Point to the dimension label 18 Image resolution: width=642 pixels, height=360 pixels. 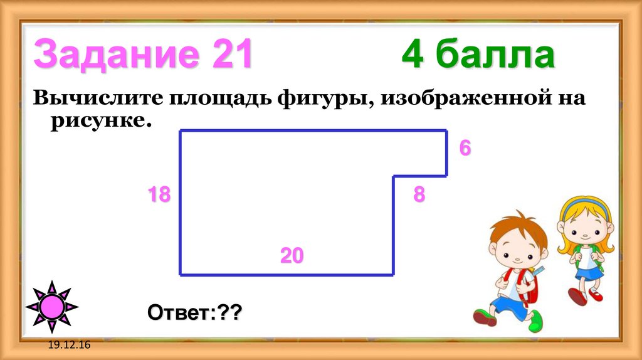pos(159,195)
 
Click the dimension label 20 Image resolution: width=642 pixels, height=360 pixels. pos(292,256)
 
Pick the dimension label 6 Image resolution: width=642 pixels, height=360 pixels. pos(465,149)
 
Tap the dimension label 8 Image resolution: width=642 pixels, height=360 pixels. pos(419,195)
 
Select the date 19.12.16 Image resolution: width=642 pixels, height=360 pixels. pos(68,346)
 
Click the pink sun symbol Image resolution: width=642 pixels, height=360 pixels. pos(52,307)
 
